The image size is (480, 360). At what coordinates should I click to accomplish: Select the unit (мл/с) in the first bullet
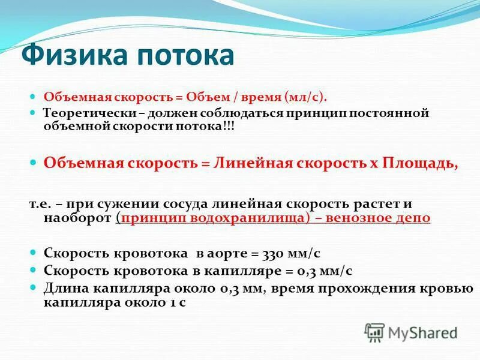point(306,96)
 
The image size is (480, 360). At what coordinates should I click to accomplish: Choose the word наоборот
point(77,218)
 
